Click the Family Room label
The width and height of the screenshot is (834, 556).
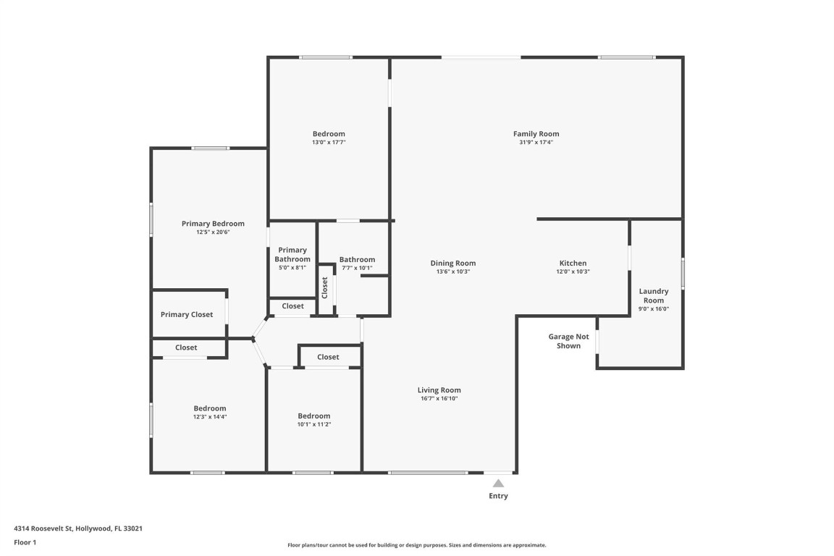[536, 134]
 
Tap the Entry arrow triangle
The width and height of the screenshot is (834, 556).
[498, 484]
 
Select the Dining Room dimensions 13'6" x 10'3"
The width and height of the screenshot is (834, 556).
[453, 272]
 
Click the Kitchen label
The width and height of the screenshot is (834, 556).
[573, 264]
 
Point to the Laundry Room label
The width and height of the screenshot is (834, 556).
[654, 296]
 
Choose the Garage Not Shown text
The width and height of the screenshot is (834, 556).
[568, 341]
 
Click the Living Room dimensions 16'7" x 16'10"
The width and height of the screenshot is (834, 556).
[439, 399]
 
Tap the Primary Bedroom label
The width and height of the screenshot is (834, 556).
[213, 224]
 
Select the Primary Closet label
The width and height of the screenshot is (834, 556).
[187, 315]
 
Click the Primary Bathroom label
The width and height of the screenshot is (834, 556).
[292, 255]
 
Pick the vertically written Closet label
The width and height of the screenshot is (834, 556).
[325, 287]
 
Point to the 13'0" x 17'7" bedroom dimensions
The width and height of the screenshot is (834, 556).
[329, 143]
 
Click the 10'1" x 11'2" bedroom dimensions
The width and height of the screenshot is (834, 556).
[314, 424]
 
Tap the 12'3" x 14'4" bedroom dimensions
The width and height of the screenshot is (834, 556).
[210, 417]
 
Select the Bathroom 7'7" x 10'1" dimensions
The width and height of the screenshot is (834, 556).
[357, 268]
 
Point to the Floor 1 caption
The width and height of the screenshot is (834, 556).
[25, 542]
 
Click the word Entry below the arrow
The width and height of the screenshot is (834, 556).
[498, 496]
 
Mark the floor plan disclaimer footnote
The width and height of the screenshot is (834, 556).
[417, 545]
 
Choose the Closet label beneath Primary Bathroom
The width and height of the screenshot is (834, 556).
[293, 306]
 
